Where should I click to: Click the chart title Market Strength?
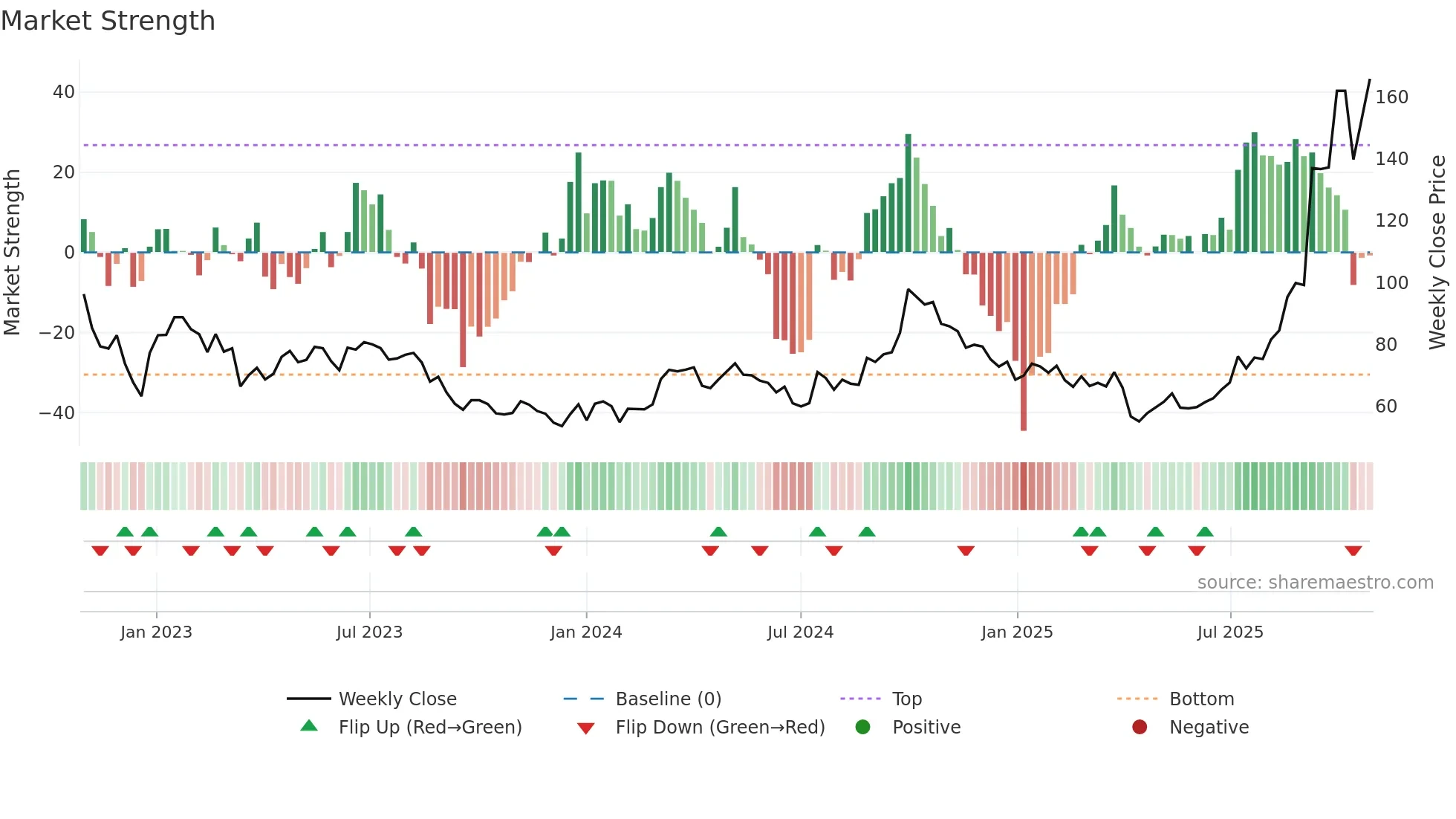click(x=108, y=21)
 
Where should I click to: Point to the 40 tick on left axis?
click(x=63, y=92)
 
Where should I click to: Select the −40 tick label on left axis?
click(x=57, y=413)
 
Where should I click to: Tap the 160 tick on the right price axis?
click(x=1391, y=97)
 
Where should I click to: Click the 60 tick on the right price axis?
click(x=1385, y=407)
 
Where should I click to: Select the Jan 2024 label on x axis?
click(x=585, y=632)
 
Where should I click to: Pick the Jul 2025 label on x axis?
click(x=1229, y=632)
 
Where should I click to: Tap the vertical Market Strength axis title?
click(x=12, y=253)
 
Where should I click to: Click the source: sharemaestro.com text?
click(x=1315, y=583)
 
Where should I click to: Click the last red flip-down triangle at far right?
click(x=1353, y=551)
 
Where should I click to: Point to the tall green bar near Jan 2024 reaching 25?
click(x=578, y=202)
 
